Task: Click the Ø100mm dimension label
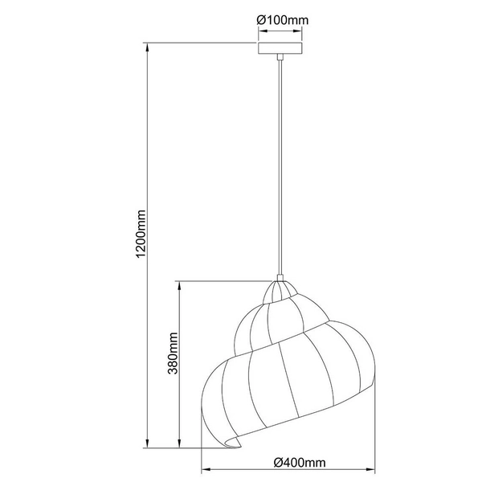pyautogui.click(x=281, y=21)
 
